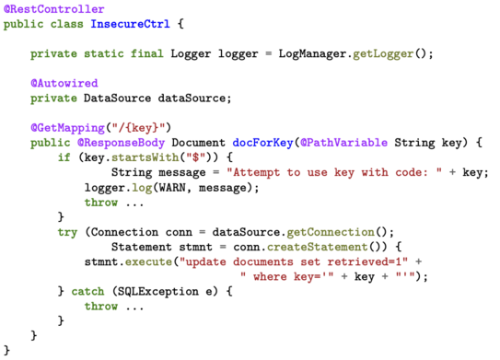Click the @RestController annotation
[54, 9]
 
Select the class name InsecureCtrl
[130, 24]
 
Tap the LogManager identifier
[312, 54]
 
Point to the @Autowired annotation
[64, 83]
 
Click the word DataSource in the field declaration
[117, 98]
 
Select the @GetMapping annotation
[67, 128]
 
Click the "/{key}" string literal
[138, 128]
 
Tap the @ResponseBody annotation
[122, 143]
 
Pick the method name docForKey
[262, 143]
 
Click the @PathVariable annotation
[343, 143]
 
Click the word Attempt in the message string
[256, 172]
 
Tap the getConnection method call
[331, 232]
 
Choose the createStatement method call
[318, 247]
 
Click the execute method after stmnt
[148, 261]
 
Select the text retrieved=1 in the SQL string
[364, 261]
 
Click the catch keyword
[87, 292]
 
